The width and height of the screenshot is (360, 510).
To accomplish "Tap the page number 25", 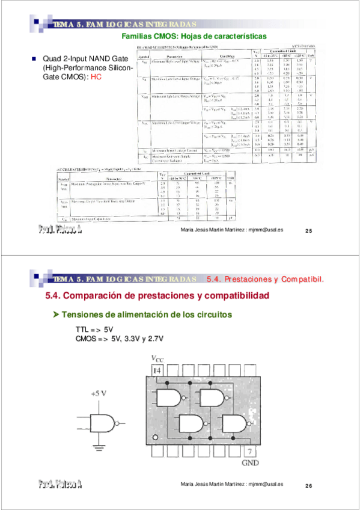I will click(x=309, y=231).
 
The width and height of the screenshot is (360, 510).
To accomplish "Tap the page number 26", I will click(x=309, y=485).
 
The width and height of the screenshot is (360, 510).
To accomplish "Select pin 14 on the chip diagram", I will click(x=157, y=372).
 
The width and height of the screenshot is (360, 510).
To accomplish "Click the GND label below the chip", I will click(x=250, y=464).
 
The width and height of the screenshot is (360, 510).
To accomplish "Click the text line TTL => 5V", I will click(x=94, y=330).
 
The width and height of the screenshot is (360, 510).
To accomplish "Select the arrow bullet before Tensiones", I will click(x=56, y=315).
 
